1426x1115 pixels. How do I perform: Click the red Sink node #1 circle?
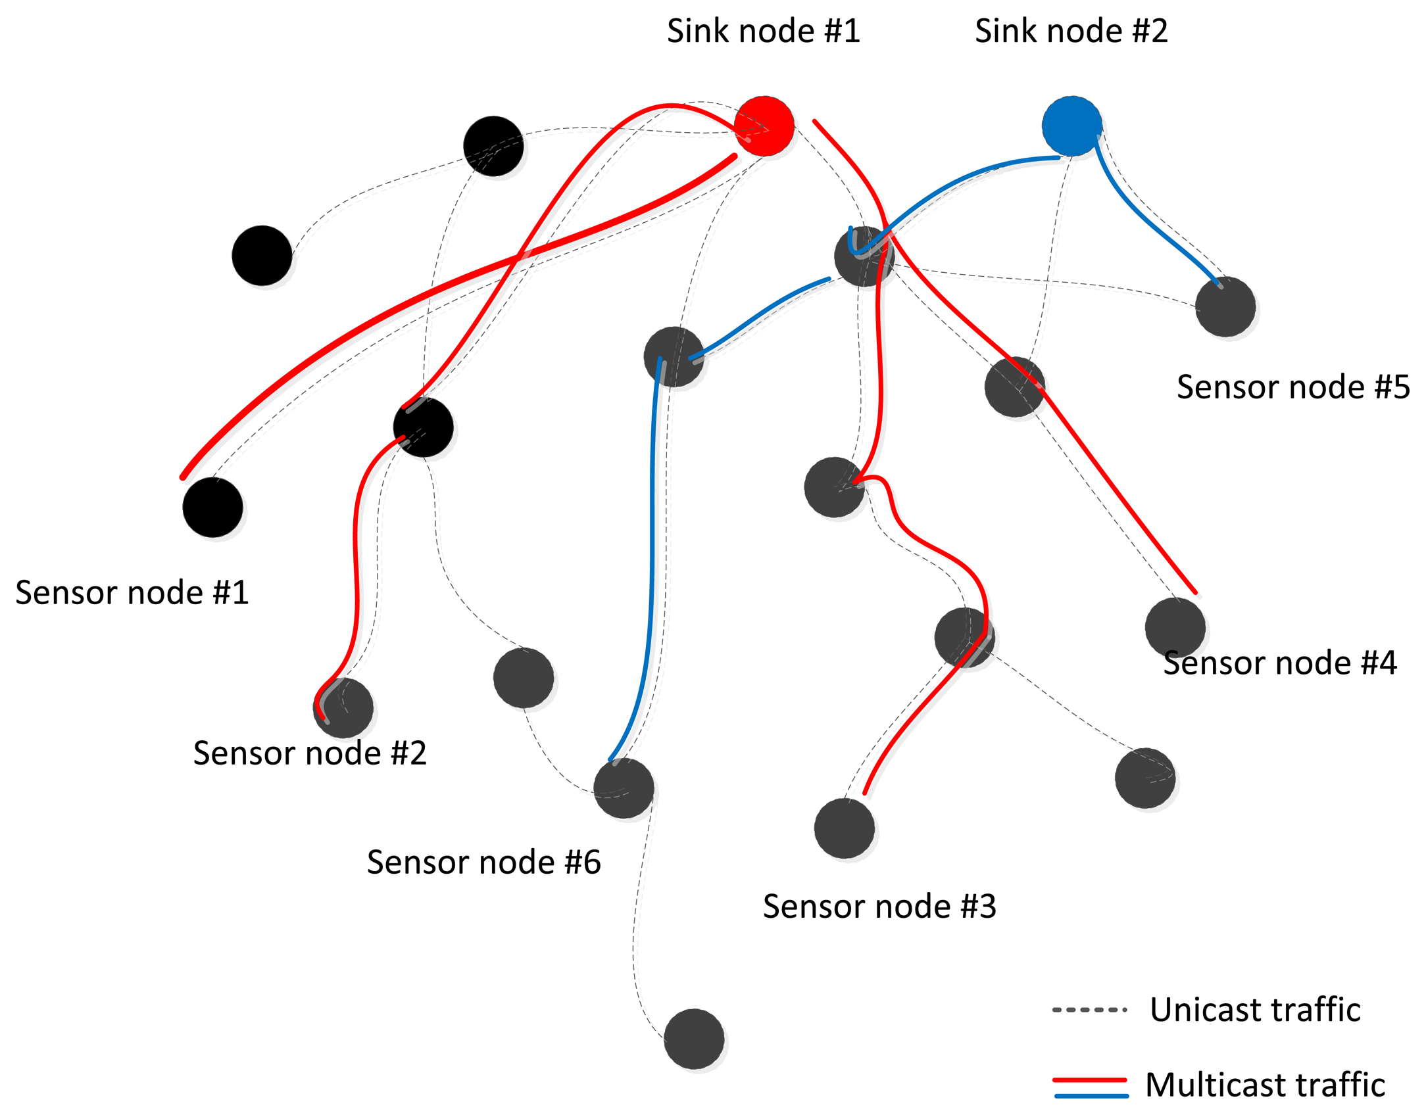tap(764, 126)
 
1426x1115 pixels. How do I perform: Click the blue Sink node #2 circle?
tap(1071, 126)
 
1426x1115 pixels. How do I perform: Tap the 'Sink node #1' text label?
tap(763, 31)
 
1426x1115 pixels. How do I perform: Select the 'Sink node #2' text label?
tap(1071, 31)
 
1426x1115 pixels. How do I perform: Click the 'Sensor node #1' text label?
tap(132, 592)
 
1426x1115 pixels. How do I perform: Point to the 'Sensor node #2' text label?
tap(310, 753)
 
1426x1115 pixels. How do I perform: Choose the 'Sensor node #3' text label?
tap(879, 907)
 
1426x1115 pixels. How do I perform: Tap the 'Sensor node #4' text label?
tap(1279, 663)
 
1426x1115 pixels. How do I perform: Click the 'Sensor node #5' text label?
tap(1293, 387)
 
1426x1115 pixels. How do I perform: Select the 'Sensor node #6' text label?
tap(483, 862)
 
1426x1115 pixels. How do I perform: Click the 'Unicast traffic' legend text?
tap(1255, 1009)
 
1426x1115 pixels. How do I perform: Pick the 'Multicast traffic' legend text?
tap(1265, 1085)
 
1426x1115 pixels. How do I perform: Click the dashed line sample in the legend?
tap(1089, 1010)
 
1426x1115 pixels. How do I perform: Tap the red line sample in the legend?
tap(1089, 1079)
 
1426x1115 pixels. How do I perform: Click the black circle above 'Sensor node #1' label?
tap(212, 507)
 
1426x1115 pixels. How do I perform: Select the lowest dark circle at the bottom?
tap(694, 1039)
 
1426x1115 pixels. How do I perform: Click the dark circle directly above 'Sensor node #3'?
tap(844, 828)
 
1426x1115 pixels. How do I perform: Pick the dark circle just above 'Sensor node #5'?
tap(1225, 306)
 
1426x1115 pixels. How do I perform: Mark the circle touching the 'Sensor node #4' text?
tap(1175, 627)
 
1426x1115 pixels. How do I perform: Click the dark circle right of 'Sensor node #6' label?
tap(624, 788)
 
